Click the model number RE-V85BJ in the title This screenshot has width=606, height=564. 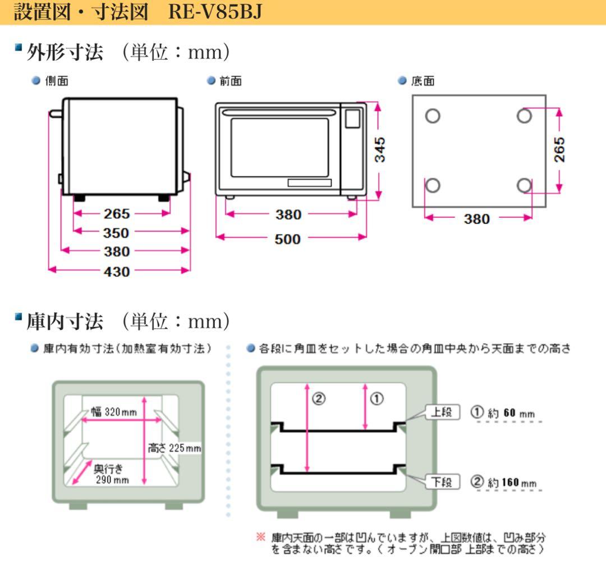(215, 12)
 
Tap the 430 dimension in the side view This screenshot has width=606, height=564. (117, 272)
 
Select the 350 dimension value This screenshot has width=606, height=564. (116, 233)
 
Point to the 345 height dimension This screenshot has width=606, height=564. (380, 149)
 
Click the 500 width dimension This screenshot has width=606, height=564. (287, 239)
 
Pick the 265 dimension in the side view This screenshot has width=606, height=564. (116, 214)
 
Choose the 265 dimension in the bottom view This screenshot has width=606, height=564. (559, 149)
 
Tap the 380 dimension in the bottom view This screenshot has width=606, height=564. (477, 219)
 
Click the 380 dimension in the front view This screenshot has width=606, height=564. (287, 214)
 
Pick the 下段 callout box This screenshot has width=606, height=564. (443, 482)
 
